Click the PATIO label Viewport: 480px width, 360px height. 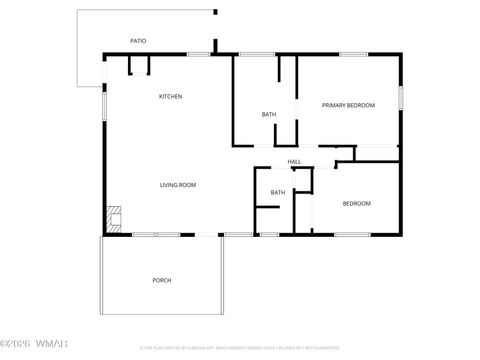click(138, 41)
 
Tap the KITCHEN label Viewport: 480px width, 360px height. click(171, 96)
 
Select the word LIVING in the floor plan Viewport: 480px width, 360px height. click(170, 185)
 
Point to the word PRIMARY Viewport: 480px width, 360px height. click(334, 105)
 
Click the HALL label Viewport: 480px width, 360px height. click(294, 161)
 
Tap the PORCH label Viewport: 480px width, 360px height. click(162, 280)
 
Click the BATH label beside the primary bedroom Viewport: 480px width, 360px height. click(269, 114)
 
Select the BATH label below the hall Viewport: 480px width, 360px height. click(278, 192)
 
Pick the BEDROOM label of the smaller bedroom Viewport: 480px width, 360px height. click(357, 204)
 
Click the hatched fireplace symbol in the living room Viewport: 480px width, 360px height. click(114, 218)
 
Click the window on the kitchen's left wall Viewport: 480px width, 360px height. click(103, 104)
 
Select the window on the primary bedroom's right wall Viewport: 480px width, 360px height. click(401, 98)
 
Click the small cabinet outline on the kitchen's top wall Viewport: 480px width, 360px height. click(138, 64)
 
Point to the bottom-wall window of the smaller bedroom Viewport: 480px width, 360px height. click(352, 235)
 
